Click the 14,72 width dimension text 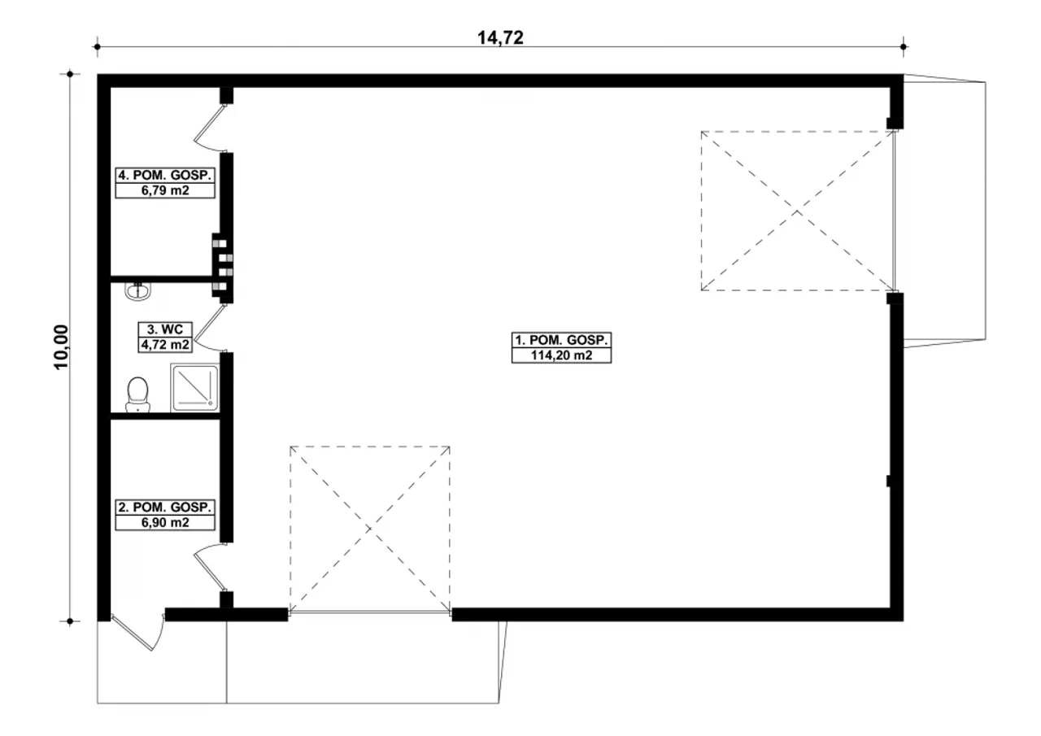coord(500,37)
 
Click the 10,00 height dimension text coord(61,347)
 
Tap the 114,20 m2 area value coord(561,355)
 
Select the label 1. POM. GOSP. coord(561,340)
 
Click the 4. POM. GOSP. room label coord(165,175)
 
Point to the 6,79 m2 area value coord(165,190)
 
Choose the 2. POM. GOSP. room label coord(165,507)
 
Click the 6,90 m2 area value coord(165,523)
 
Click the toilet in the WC coord(137,394)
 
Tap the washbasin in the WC coord(138,291)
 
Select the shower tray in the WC coord(194,388)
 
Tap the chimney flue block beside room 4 coord(222,265)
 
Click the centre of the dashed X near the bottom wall coord(369,529)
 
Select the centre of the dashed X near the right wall coord(798,211)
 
